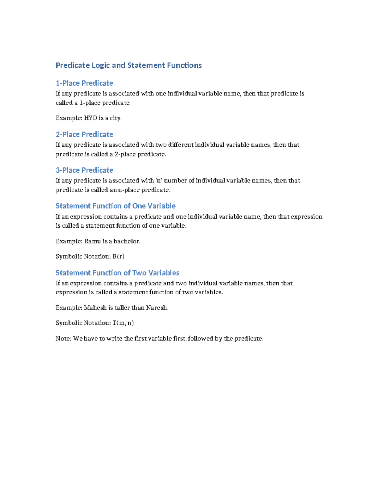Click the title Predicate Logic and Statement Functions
(x=129, y=65)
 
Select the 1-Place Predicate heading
(x=84, y=83)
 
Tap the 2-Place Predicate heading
(x=84, y=134)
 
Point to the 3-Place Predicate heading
(x=84, y=170)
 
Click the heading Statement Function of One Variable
(x=115, y=206)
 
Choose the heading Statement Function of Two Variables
(x=117, y=273)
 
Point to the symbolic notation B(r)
(x=118, y=256)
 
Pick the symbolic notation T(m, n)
(x=123, y=323)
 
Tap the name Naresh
(x=157, y=308)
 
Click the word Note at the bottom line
(x=63, y=339)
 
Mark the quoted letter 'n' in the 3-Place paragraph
(x=159, y=181)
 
